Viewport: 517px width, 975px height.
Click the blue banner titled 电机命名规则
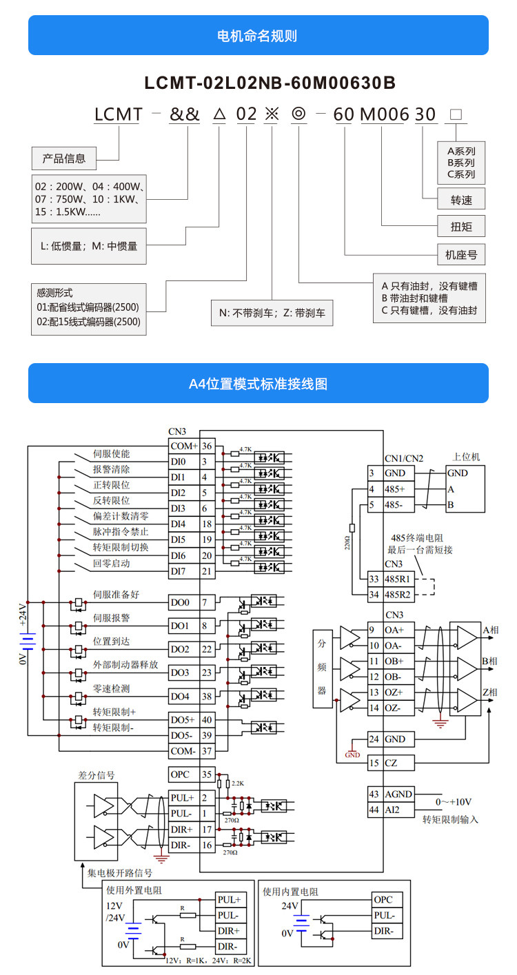(258, 36)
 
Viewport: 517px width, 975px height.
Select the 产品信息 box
(64, 158)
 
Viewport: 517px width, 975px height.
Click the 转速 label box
(461, 200)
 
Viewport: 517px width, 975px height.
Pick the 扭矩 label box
(461, 227)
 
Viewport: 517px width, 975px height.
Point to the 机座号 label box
(461, 254)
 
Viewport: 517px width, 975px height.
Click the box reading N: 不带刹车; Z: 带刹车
(272, 313)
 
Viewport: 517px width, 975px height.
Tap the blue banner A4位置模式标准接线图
(258, 384)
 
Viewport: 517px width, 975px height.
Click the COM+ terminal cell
(184, 446)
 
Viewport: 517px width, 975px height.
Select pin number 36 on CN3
(207, 446)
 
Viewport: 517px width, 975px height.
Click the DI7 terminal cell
(179, 571)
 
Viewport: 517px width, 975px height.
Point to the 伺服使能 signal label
(112, 454)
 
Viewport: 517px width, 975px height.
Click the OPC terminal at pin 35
(180, 774)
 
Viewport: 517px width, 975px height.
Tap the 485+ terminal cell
(399, 489)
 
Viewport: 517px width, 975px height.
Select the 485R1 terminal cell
(399, 579)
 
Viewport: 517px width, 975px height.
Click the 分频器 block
(322, 668)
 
